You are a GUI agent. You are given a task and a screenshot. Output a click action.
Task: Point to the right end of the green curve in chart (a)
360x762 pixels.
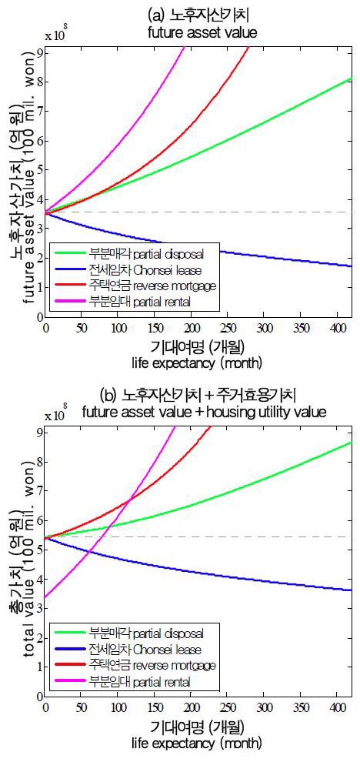[x=351, y=79]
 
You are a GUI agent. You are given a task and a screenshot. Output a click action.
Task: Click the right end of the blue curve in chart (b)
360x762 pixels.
[x=351, y=590]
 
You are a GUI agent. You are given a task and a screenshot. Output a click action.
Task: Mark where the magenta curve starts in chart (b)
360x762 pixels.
[x=46, y=597]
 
